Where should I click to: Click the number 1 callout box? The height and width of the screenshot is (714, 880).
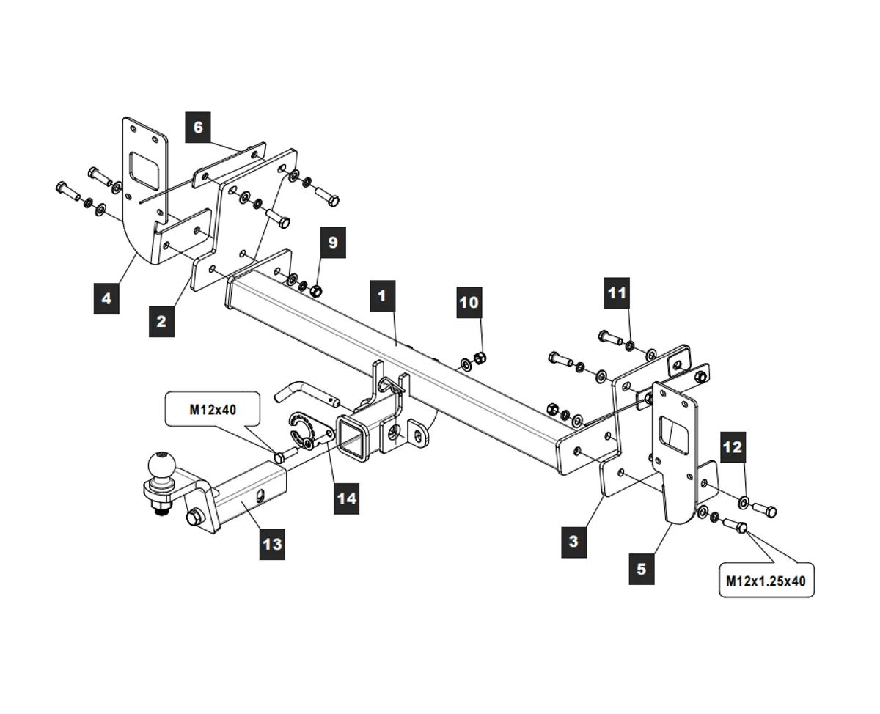click(x=382, y=297)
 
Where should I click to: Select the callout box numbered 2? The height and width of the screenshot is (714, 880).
click(x=161, y=320)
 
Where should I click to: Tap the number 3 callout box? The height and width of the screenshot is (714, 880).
click(x=573, y=542)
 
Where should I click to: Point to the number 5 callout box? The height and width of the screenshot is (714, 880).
click(x=642, y=567)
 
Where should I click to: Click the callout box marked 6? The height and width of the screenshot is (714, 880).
click(x=198, y=127)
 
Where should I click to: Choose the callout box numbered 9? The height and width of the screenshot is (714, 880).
click(x=333, y=243)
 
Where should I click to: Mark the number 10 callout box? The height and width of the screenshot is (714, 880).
click(x=469, y=301)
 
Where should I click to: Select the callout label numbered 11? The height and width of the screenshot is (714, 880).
click(x=617, y=292)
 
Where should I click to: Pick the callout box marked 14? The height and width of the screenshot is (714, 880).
click(x=346, y=498)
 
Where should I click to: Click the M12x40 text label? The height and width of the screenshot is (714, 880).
click(x=213, y=410)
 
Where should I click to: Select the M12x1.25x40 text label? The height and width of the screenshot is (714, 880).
click(x=766, y=580)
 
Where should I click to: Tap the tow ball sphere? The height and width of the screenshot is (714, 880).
click(x=160, y=465)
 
